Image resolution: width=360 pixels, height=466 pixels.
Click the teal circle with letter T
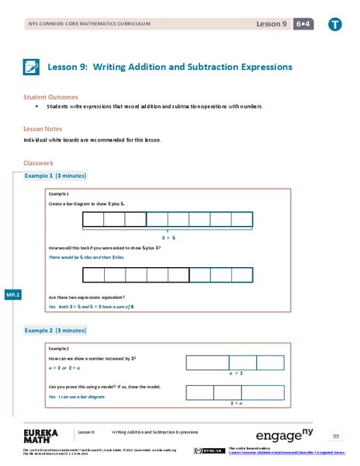(334, 24)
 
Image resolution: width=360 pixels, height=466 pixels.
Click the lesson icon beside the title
(32, 67)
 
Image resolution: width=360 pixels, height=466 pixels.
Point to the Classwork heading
(39, 163)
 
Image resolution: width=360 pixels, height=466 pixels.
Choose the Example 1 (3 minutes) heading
(56, 176)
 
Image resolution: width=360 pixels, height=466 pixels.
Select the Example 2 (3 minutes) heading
(56, 330)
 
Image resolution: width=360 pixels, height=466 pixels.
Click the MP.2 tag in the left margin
(12, 295)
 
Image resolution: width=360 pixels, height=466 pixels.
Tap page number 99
(336, 436)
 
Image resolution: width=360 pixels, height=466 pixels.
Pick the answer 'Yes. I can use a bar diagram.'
(76, 397)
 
